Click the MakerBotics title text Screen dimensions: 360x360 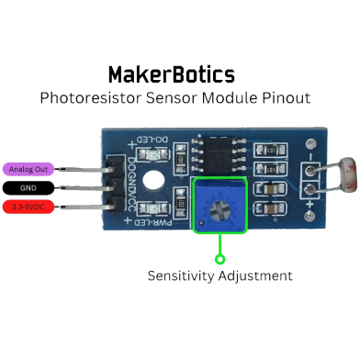tap(171, 74)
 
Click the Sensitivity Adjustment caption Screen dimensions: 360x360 tap(220, 276)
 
